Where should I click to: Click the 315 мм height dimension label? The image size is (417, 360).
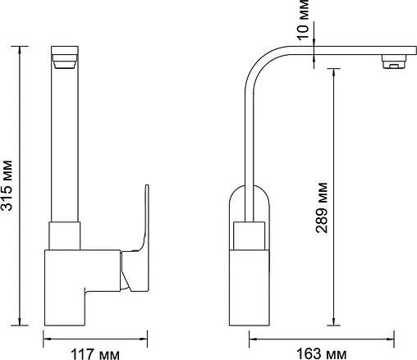coord(6,185)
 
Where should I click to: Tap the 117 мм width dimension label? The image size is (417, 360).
coord(95,354)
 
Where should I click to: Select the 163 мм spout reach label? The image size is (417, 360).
coord(322,354)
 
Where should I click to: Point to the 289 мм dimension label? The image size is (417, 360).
coord(321,207)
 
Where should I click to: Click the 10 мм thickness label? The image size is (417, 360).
coord(303,20)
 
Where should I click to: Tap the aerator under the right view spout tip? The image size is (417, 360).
coord(394,62)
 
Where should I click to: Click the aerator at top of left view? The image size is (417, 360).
coord(65,61)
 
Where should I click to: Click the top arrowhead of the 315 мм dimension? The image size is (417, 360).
coord(20,51)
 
